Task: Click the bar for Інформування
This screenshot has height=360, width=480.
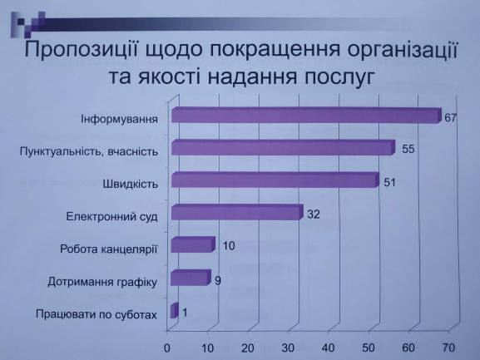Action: pos(306,116)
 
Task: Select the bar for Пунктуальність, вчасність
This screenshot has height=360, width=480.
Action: pos(283,148)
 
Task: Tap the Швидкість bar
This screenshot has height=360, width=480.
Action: pos(275,180)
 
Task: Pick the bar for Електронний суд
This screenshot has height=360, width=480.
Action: pos(237,212)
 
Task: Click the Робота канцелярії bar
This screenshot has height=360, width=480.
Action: pos(193,244)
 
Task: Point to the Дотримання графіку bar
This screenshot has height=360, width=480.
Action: pos(191,278)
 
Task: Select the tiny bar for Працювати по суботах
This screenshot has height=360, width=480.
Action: pos(175,310)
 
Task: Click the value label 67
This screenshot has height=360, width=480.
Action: pos(450,118)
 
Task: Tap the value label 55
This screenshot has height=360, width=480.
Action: pos(408,150)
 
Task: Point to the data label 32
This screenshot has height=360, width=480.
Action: pos(314,215)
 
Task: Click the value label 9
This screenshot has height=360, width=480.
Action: pos(218,281)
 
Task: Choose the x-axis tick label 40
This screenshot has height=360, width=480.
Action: pos(328,348)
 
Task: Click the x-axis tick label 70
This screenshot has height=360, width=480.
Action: pos(448,348)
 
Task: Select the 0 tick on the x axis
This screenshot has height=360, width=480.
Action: pos(167,348)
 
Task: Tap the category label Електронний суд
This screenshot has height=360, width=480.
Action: pos(112,216)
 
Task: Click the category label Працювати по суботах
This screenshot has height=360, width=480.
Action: pos(96,314)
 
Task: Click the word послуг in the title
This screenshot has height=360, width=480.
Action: pos(339,78)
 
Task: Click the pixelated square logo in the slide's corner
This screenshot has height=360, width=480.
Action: pos(28,24)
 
